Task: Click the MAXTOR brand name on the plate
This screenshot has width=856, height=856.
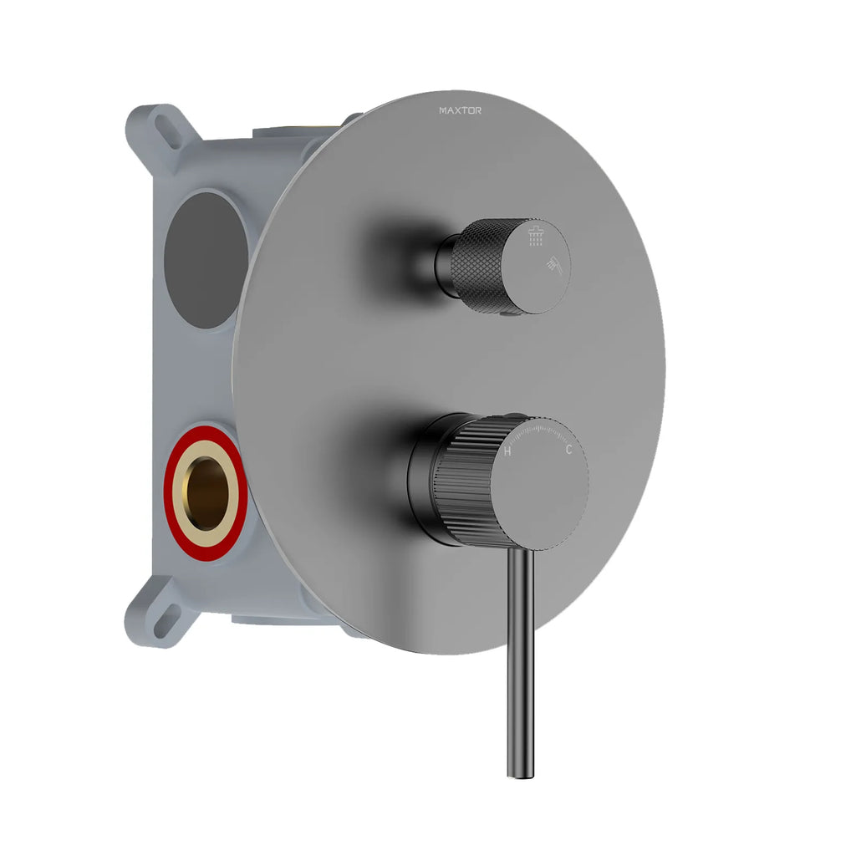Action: point(460,110)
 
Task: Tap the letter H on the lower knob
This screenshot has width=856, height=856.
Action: point(507,451)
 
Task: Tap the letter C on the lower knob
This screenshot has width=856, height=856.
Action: point(568,451)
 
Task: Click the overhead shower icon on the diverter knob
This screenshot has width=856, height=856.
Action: point(537,238)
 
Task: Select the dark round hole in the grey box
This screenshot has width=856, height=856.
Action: point(204,259)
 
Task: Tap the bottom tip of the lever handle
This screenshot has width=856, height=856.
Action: point(520,773)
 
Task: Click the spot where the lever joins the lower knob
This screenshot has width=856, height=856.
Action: point(522,552)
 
